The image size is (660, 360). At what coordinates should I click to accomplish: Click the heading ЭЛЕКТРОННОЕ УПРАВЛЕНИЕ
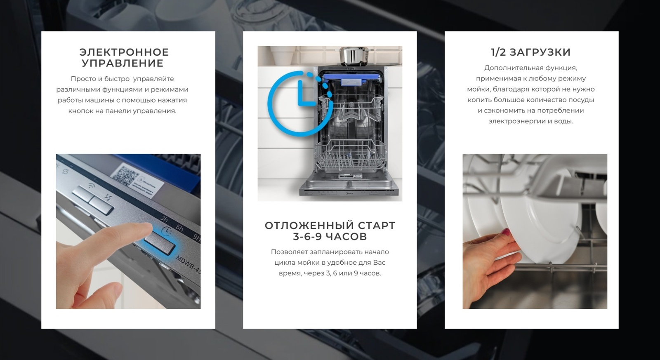click(x=124, y=58)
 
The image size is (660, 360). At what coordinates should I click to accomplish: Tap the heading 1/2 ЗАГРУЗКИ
click(x=530, y=52)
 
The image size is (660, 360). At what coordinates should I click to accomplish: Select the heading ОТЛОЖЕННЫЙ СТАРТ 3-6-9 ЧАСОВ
click(x=330, y=231)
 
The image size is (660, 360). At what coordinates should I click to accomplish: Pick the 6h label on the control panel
click(x=179, y=228)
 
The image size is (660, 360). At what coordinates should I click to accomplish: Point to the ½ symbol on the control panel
click(x=107, y=198)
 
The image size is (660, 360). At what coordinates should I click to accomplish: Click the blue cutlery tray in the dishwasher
click(x=351, y=78)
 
